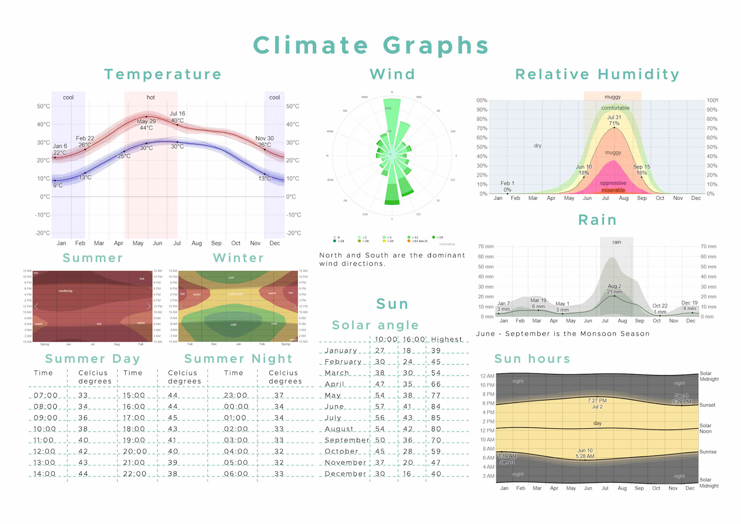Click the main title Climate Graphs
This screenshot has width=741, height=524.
coord(371,45)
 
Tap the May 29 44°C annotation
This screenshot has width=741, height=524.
coord(146,124)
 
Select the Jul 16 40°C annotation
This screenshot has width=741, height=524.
coord(177,117)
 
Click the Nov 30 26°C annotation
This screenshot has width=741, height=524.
coord(264,142)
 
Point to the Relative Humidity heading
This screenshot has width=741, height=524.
coord(597,74)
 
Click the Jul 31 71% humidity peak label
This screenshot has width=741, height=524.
coord(614,120)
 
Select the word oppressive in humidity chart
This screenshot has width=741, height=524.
coord(613,183)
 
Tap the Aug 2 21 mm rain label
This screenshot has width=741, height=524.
coord(614,289)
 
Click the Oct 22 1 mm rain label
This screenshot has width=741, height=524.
coord(660,309)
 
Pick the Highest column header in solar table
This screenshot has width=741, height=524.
coord(447,339)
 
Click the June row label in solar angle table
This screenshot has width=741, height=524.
coord(334,407)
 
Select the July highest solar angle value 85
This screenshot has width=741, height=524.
coord(436,418)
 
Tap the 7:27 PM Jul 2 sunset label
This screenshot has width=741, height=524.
coord(597,404)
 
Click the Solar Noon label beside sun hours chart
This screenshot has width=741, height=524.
coord(705,428)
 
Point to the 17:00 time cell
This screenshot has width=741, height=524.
coord(134,418)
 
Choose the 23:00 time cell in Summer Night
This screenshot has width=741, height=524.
coord(235,395)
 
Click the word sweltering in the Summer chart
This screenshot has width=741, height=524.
coord(65,291)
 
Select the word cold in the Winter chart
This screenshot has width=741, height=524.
coord(233,324)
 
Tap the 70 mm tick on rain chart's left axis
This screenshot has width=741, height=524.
coord(486,246)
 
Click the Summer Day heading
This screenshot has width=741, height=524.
coord(93,359)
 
